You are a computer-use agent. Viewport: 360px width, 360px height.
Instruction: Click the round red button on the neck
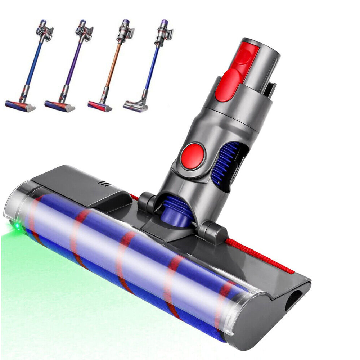click(194, 156)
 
